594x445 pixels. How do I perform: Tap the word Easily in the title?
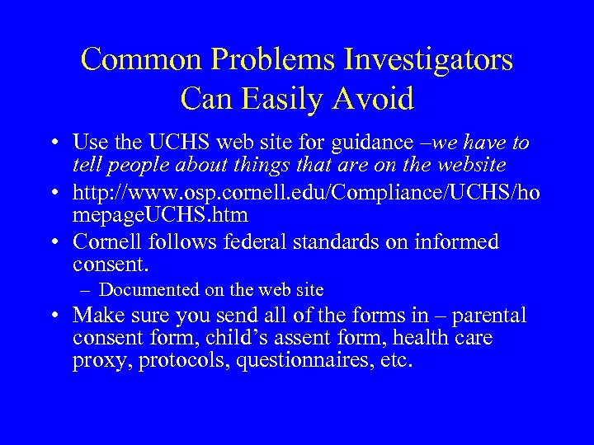tap(286, 99)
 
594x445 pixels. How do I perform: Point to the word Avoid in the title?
tap(376, 99)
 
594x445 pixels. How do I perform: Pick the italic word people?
tap(134, 165)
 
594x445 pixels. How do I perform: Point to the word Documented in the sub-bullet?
tap(148, 290)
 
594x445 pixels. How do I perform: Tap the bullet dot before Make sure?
tap(60, 316)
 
